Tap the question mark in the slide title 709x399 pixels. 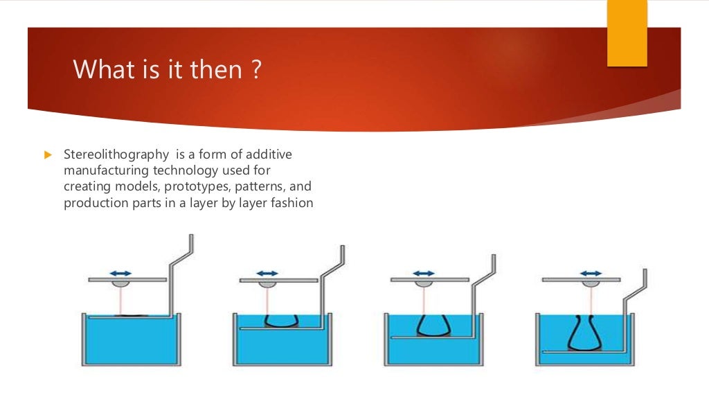tap(256, 70)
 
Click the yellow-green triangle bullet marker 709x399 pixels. tap(48, 154)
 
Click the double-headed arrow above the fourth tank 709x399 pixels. tap(591, 273)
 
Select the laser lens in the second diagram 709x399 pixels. tap(267, 284)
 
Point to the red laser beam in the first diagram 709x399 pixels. tap(122, 301)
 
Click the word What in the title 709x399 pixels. tap(101, 70)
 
